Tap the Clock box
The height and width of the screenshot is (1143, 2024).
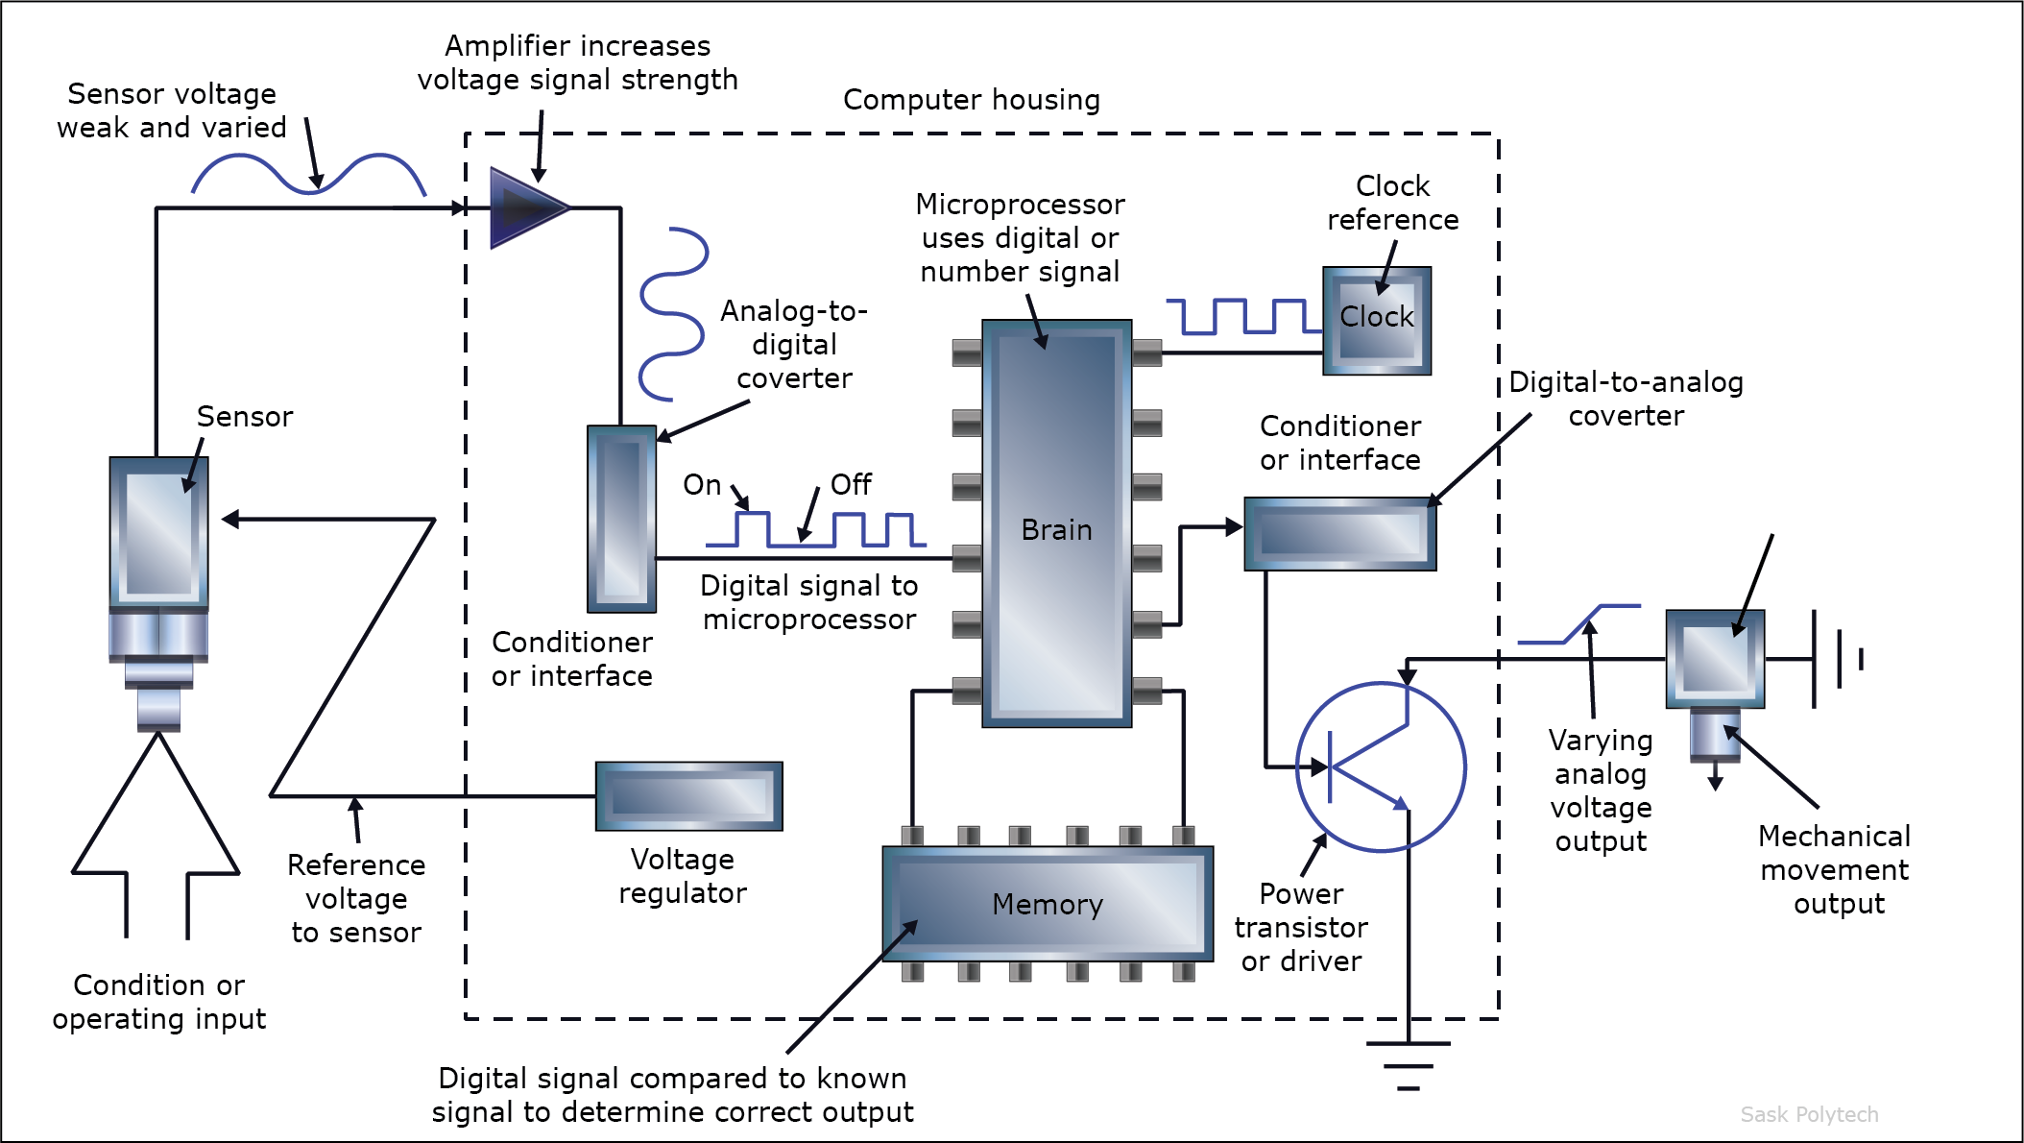pyautogui.click(x=1376, y=320)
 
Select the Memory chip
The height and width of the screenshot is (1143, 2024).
pyautogui.click(x=1047, y=904)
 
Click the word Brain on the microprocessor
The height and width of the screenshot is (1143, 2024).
pyautogui.click(x=1056, y=530)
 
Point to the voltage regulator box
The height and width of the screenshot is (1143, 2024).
pyautogui.click(x=688, y=796)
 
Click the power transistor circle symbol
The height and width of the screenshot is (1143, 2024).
pyautogui.click(x=1380, y=766)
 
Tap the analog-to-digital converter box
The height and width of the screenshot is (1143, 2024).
pyautogui.click(x=621, y=519)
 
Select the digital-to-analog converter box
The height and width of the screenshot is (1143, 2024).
pyautogui.click(x=1339, y=533)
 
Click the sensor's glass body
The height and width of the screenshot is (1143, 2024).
pyautogui.click(x=158, y=533)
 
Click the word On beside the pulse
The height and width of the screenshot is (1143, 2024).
pyautogui.click(x=702, y=485)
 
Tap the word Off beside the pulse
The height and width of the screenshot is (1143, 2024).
pyautogui.click(x=851, y=485)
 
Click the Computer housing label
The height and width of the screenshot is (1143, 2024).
pyautogui.click(x=971, y=100)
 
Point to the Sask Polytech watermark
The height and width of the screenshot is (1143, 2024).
pyautogui.click(x=1809, y=1114)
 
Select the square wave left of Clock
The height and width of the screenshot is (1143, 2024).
pyautogui.click(x=1243, y=316)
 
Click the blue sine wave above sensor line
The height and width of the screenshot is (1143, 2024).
pyautogui.click(x=307, y=175)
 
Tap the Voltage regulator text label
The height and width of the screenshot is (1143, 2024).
pyautogui.click(x=682, y=876)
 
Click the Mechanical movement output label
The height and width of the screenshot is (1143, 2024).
pyautogui.click(x=1834, y=869)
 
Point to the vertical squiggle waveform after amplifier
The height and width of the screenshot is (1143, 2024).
pyautogui.click(x=672, y=314)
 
